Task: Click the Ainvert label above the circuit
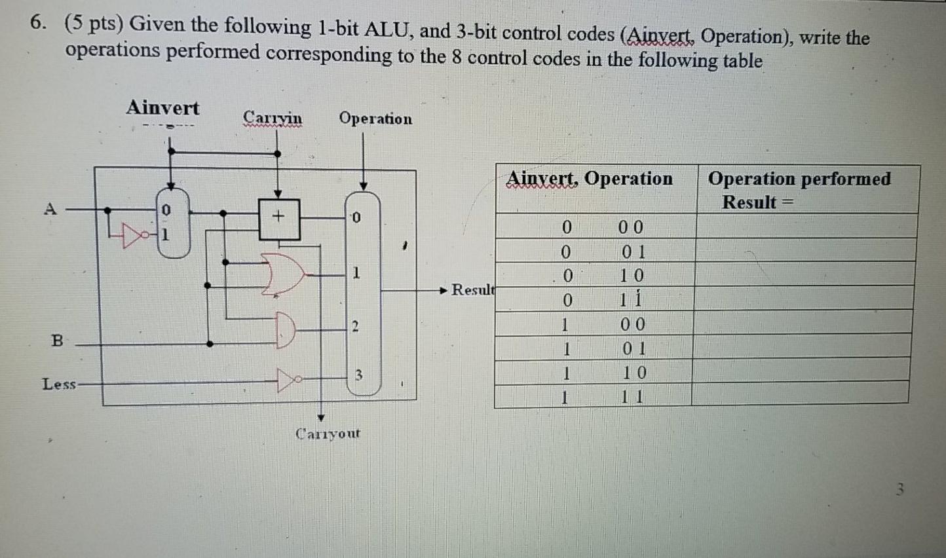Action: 162,107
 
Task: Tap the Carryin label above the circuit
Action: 273,118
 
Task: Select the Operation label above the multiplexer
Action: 375,119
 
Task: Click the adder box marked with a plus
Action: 279,217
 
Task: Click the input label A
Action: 50,209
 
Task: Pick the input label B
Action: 57,341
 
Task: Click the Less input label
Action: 59,384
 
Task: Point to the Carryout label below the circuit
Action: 328,434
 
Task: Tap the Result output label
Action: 473,289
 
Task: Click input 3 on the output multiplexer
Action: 358,375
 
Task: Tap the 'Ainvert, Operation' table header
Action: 590,178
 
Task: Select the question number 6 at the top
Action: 38,24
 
